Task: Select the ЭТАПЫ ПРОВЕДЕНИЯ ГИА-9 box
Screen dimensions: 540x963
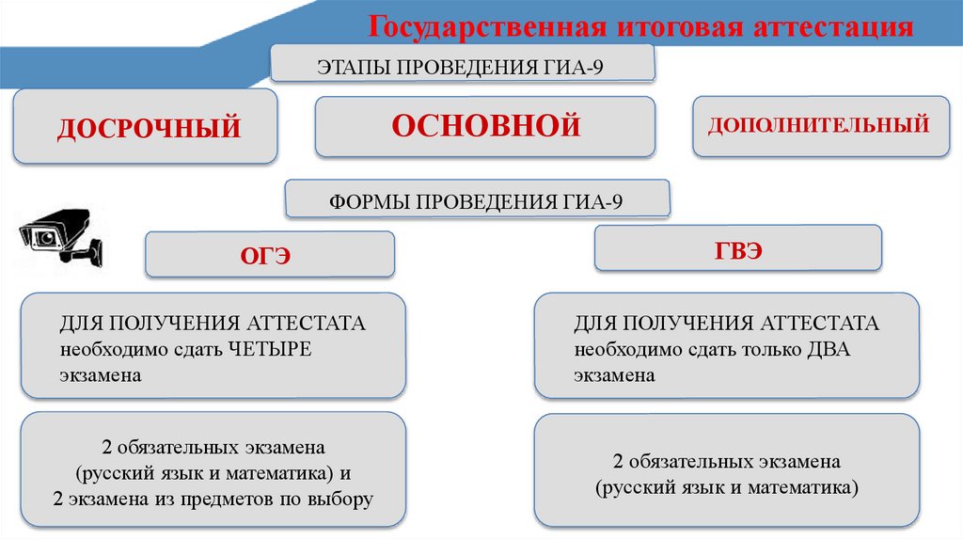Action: (461, 68)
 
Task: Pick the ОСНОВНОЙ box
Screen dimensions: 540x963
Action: (484, 125)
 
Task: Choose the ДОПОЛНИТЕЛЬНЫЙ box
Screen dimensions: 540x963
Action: (820, 124)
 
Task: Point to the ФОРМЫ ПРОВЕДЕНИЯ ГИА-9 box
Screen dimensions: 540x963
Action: (477, 200)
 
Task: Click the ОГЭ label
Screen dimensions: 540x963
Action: (269, 256)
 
